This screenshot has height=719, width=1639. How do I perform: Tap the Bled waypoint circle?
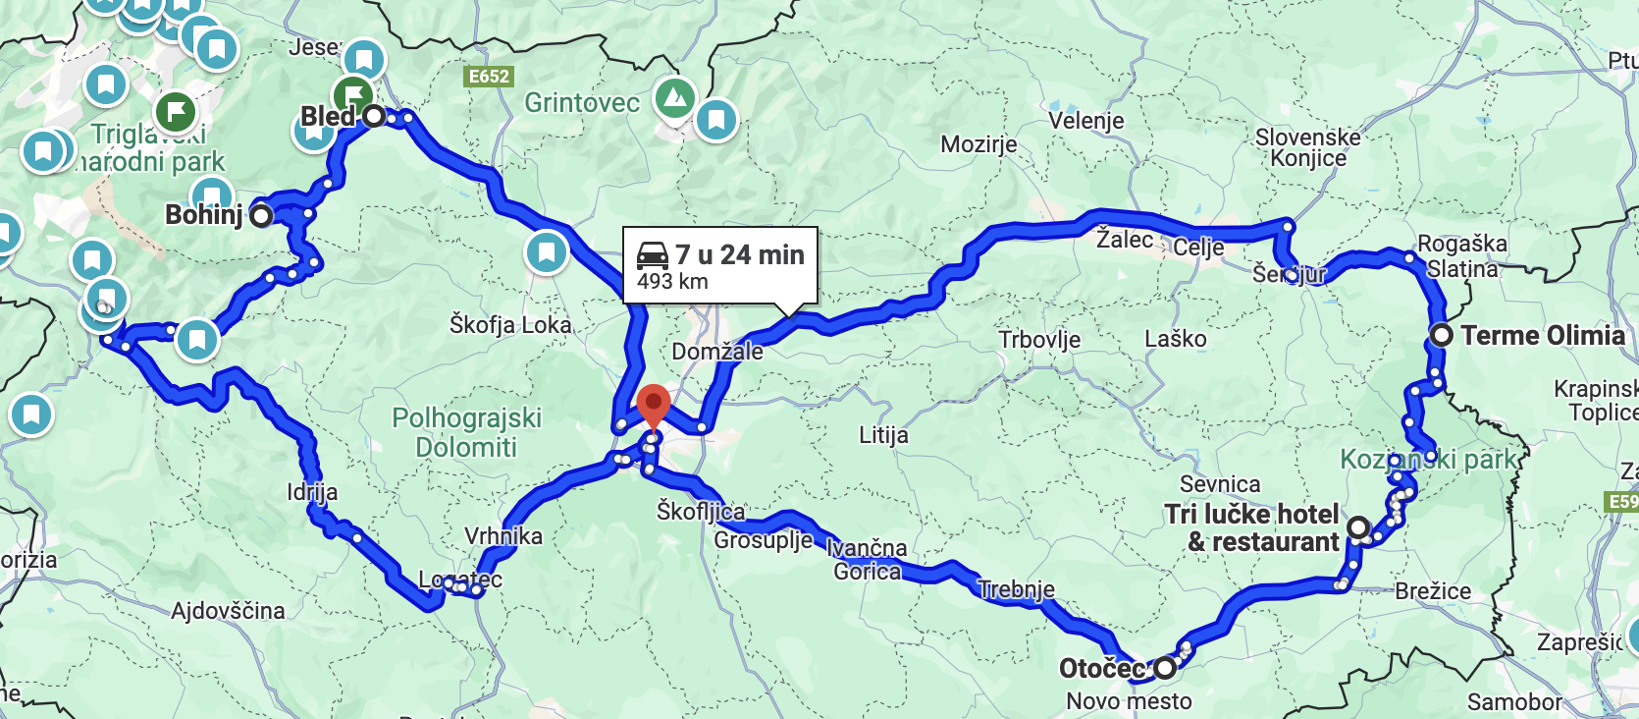pos(374,117)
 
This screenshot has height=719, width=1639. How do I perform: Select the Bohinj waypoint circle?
pos(261,216)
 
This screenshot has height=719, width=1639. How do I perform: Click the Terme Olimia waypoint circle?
pos(1441,335)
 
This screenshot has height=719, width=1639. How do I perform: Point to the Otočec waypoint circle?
pos(1165,668)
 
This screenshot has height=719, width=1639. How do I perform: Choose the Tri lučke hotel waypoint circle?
pos(1358,527)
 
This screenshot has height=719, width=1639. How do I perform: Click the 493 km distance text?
pos(672,282)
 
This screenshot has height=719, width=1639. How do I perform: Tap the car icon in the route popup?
pos(653,255)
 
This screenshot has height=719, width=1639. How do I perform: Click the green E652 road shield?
pos(489,77)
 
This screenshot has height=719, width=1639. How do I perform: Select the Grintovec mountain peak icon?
pos(674,98)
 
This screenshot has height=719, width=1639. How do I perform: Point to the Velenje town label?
pos(1085,121)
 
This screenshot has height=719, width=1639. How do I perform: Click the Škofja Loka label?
pos(510,324)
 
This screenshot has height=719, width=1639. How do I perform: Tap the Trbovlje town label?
pos(1039,340)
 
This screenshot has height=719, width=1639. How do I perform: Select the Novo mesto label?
pos(1129,701)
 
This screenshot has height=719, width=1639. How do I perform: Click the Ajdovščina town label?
pos(228,611)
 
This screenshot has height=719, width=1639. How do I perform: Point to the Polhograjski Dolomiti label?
pos(466,432)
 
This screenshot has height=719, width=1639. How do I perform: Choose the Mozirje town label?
pos(978,145)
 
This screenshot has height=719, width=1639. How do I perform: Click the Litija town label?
pos(883,434)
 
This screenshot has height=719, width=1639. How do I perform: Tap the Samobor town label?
pos(1513,701)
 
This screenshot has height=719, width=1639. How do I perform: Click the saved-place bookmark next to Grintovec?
pos(716,121)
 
